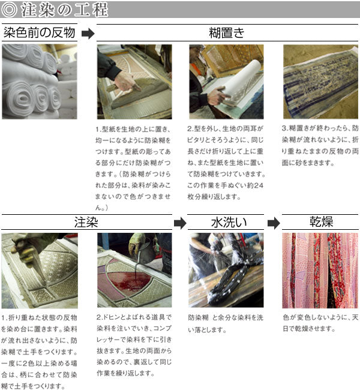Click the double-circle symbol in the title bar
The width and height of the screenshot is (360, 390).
pyautogui.click(x=9, y=10)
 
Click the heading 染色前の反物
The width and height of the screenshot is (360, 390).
pyautogui.click(x=40, y=32)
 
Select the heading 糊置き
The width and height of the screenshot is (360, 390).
pyautogui.click(x=227, y=33)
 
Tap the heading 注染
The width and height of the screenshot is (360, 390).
pyautogui.click(x=86, y=222)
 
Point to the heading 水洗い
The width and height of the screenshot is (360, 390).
pyautogui.click(x=229, y=222)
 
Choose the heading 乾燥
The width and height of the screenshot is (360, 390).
pyautogui.click(x=321, y=221)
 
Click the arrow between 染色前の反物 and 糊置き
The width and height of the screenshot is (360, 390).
pyautogui.click(x=88, y=34)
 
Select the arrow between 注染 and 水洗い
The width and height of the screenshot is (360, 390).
pyautogui.click(x=180, y=223)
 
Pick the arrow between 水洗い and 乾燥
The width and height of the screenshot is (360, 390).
pyautogui.click(x=274, y=223)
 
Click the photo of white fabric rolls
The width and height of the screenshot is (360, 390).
pyautogui.click(x=40, y=82)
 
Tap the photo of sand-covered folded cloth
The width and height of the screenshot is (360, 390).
pyautogui.click(x=320, y=82)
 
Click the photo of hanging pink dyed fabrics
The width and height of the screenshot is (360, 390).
pyautogui.click(x=320, y=271)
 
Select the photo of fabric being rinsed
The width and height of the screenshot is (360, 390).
pyautogui.click(x=226, y=270)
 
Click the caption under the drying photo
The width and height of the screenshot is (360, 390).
pyautogui.click(x=320, y=323)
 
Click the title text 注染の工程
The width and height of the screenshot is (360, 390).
pyautogui.click(x=65, y=10)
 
